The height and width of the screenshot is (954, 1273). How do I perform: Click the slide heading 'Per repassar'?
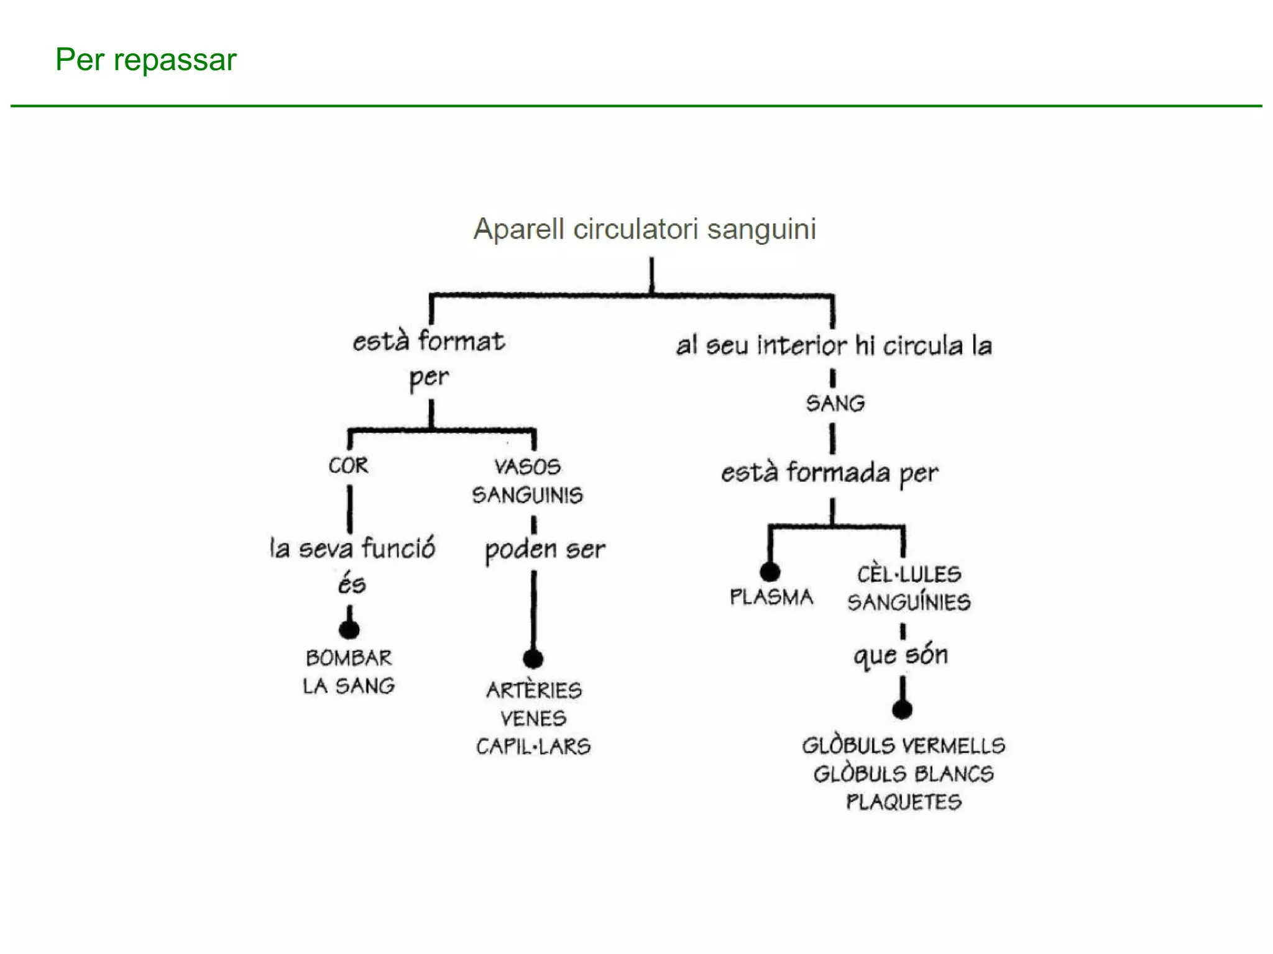[x=146, y=60]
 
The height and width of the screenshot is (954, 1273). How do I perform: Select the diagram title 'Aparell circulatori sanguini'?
[x=645, y=229]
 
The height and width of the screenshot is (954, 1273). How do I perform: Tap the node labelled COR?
[x=348, y=465]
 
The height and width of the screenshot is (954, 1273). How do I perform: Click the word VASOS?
[x=527, y=466]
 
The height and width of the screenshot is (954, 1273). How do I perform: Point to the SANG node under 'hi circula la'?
[x=835, y=404]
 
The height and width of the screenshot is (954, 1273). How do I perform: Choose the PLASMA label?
[x=771, y=597]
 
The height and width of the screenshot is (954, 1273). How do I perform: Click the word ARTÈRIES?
[x=534, y=690]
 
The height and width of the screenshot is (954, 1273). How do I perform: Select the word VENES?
[x=533, y=719]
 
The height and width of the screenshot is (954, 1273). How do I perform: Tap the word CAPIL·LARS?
[x=533, y=747]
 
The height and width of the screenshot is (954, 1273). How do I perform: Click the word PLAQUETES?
[x=904, y=802]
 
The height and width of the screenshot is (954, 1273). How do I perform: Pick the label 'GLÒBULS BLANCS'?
[x=904, y=774]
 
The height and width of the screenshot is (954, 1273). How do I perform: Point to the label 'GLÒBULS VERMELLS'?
[x=904, y=745]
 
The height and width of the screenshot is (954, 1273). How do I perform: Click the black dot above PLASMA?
[x=770, y=571]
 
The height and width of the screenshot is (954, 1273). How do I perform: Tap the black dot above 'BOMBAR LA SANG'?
[x=349, y=630]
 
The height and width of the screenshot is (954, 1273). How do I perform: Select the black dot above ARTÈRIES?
[x=533, y=658]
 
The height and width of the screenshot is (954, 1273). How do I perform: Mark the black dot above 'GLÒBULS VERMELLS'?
[x=902, y=709]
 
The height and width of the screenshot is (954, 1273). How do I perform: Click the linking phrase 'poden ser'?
[x=545, y=550]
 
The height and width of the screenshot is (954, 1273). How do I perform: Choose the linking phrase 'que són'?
[x=901, y=655]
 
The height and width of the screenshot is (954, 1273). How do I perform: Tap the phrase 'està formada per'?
[x=829, y=473]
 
